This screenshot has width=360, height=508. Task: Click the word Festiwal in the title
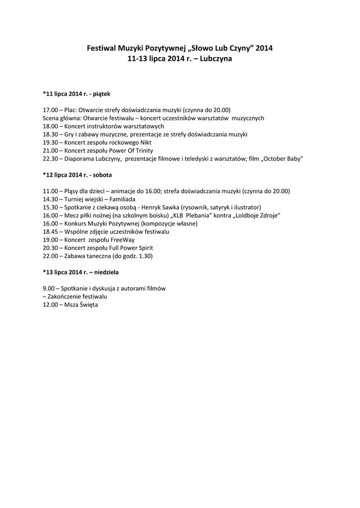pyautogui.click(x=101, y=49)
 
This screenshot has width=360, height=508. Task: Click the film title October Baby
pyautogui.click(x=283, y=158)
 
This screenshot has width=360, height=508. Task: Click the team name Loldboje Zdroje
pyautogui.click(x=258, y=215)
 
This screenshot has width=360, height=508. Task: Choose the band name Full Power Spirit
pyautogui.click(x=131, y=248)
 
